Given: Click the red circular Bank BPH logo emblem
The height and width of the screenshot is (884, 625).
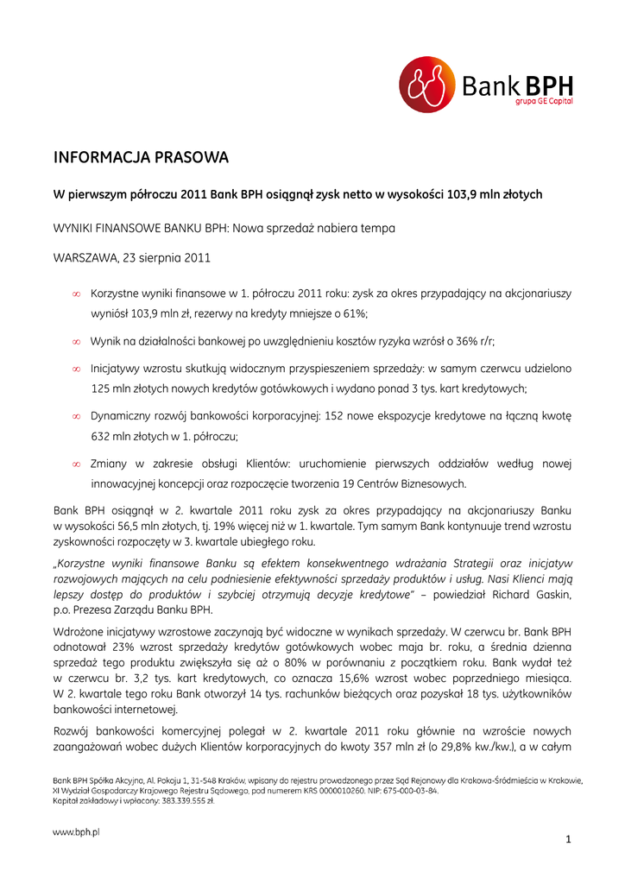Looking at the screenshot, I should [426, 85].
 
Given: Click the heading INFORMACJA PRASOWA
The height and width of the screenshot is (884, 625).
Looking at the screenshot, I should [141, 158].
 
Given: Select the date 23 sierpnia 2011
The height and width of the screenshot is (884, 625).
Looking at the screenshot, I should [165, 257].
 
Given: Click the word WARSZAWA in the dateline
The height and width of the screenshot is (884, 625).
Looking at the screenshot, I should [85, 257].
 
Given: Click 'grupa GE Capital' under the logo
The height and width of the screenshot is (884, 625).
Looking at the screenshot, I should [544, 102].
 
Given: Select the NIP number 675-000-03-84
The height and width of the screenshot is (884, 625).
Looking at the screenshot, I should [414, 790].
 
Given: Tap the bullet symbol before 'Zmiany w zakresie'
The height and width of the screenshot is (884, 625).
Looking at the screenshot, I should [77, 464].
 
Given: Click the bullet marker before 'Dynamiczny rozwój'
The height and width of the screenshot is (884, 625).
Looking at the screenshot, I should [77, 416].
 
